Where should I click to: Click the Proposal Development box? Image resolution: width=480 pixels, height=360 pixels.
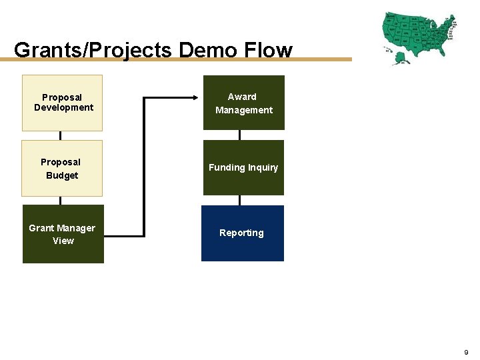coord(63,103)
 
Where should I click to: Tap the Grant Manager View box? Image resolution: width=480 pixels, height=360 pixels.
coord(63,234)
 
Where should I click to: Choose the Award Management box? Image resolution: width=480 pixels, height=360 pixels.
coord(243,103)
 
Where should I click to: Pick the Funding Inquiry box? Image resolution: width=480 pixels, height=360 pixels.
coord(243,167)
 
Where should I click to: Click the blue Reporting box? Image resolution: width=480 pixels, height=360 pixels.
coord(242,233)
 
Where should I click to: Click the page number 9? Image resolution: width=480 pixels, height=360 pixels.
coord(466,351)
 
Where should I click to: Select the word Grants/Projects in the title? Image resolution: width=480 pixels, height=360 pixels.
coord(93,50)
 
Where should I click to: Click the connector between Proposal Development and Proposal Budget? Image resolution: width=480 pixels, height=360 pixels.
coord(61,135)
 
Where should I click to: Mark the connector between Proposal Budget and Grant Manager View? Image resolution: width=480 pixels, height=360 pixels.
coord(61,200)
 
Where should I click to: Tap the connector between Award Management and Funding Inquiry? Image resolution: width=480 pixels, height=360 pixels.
coord(240,135)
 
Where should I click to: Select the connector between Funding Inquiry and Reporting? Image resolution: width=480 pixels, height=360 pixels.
coord(240,200)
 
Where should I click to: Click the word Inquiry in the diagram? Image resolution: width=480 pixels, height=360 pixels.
coord(263,167)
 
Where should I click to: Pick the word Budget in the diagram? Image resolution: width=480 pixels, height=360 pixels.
coord(62,175)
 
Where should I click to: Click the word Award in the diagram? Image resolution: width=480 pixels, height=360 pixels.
coord(242,97)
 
